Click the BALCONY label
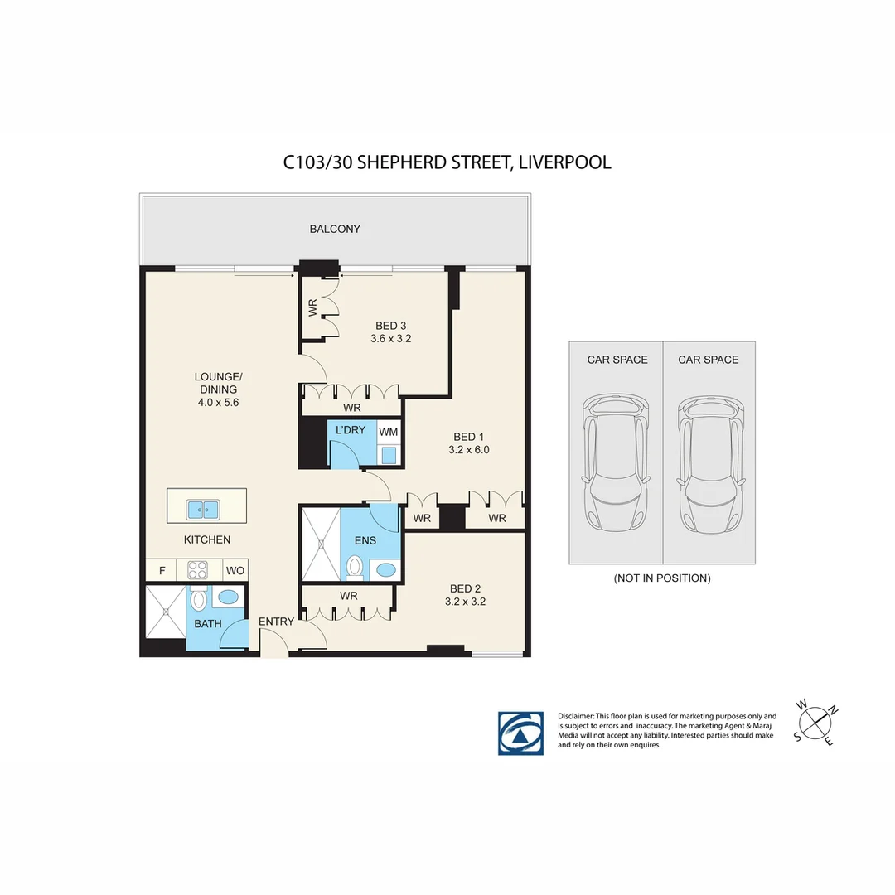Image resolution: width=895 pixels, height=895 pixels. (x=335, y=229)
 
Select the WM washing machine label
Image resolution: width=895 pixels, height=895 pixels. (x=388, y=432)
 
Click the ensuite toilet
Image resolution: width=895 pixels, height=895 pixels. (x=355, y=568)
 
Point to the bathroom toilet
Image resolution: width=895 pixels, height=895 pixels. (x=198, y=598)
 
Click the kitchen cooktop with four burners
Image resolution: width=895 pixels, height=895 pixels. (x=197, y=570)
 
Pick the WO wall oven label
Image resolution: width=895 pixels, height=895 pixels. (x=235, y=570)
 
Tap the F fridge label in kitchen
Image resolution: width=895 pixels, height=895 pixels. (x=162, y=570)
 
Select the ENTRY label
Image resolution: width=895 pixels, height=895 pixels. (x=276, y=622)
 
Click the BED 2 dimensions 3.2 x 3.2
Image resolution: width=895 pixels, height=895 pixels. (x=463, y=602)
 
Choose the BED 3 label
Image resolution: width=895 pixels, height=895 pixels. (x=391, y=326)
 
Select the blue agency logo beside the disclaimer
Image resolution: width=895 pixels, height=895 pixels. (x=520, y=733)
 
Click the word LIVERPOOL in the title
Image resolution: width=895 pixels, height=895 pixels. (x=565, y=162)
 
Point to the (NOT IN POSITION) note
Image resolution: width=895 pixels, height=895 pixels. (x=661, y=578)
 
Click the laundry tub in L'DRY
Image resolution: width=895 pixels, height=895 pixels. (x=389, y=454)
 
